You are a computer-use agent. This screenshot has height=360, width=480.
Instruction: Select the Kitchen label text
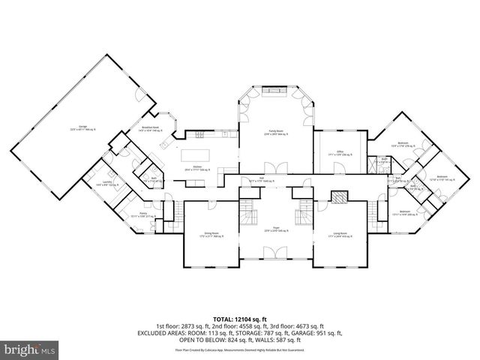point(198,166)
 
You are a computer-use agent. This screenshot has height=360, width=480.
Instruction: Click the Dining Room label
point(211,233)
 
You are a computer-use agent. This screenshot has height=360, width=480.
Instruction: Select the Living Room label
point(340,233)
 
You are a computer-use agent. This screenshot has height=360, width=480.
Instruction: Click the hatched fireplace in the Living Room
point(340,198)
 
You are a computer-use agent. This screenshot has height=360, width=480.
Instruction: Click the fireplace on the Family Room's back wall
point(276,89)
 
